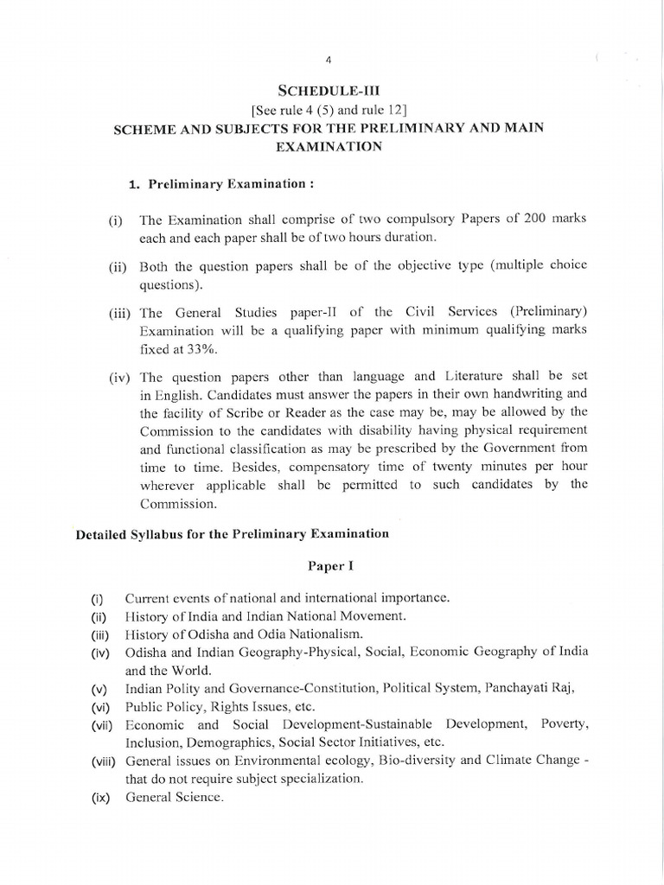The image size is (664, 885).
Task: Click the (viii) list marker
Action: [105, 761]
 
